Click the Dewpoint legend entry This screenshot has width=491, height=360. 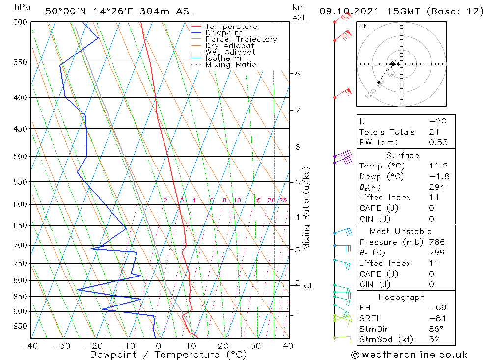pos(223,33)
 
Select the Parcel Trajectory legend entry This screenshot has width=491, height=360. pos(241,39)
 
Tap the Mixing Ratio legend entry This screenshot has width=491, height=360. pos(231,64)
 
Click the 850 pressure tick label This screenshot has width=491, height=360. pos(21,297)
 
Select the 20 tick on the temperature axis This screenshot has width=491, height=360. pos(223,345)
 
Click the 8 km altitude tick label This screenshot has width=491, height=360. pos(297,74)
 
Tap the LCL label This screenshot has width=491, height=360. pos(306,286)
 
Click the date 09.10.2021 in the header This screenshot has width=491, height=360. pos(347,11)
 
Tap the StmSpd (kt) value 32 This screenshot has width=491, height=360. pos(434,339)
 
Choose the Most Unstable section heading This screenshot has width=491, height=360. pos(401,231)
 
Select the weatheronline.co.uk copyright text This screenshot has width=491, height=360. pos(409,355)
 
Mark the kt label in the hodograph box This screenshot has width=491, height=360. pos(362,26)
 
